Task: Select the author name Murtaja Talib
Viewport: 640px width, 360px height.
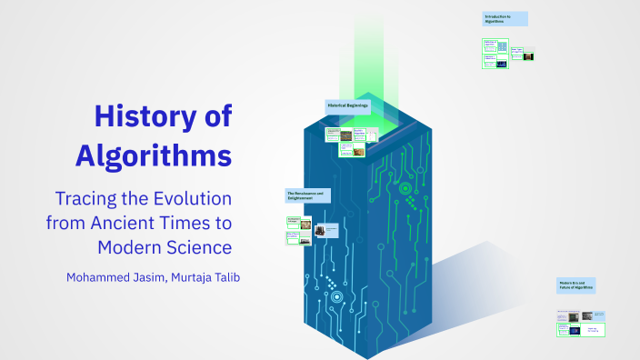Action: (211, 276)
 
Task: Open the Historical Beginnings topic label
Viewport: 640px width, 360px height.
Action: (348, 106)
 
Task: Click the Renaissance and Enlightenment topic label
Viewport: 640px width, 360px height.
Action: (307, 195)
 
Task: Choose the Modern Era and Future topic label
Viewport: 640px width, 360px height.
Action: (576, 285)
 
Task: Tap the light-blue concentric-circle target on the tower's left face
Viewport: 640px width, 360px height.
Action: (336, 296)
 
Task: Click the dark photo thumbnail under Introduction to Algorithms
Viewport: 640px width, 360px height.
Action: (527, 55)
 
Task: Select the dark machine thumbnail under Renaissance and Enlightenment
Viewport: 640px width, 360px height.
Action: (320, 231)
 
